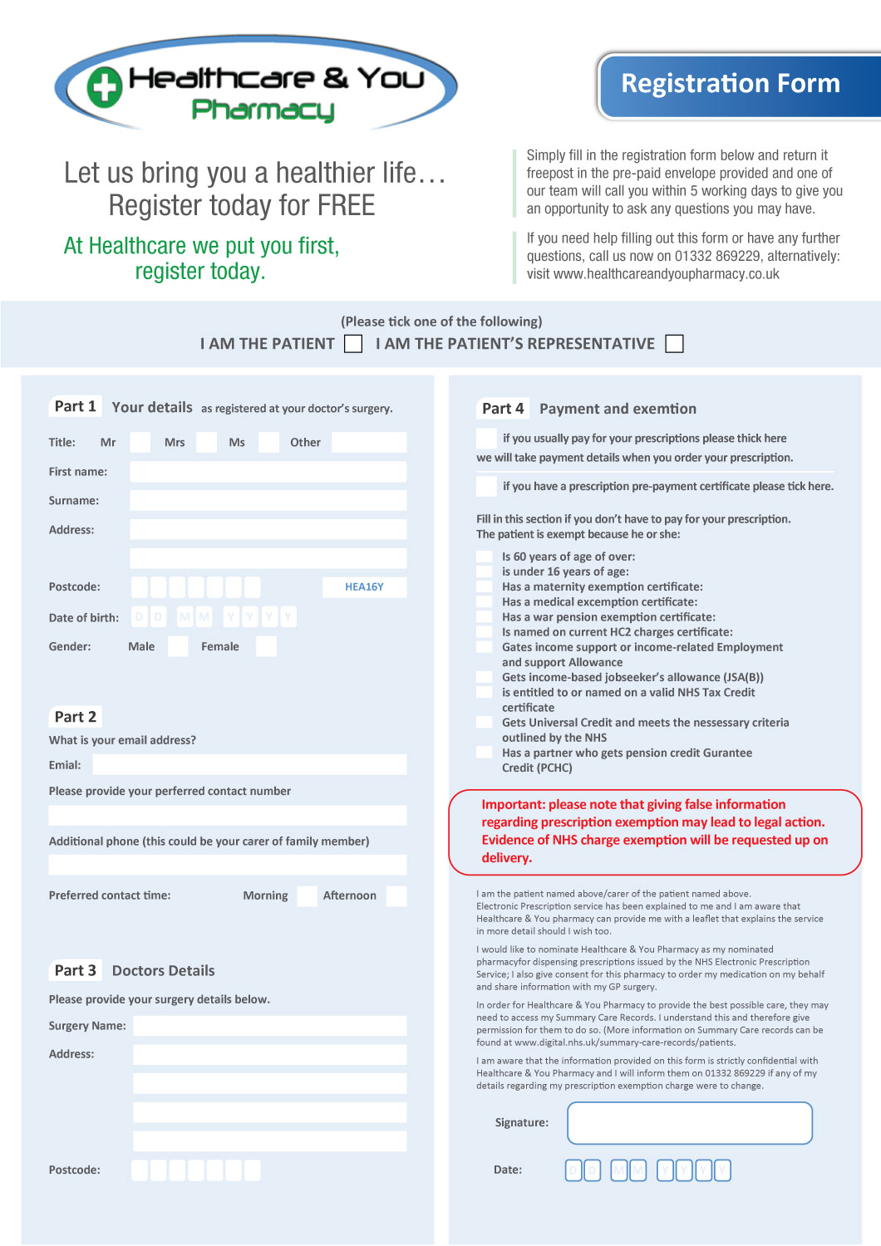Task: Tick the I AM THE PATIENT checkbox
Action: pos(353,344)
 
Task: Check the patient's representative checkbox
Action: pos(675,344)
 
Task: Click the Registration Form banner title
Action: pos(731,84)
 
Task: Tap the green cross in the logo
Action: pos(105,87)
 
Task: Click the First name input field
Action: pos(268,472)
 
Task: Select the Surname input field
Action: pos(268,501)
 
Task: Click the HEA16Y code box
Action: pos(364,587)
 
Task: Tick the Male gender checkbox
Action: pos(178,646)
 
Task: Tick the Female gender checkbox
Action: pos(266,646)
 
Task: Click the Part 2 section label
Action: pos(75,717)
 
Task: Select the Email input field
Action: pos(249,765)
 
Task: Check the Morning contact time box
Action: pos(308,895)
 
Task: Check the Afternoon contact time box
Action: pos(396,895)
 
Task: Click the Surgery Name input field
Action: pos(269,1026)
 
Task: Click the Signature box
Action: pos(689,1123)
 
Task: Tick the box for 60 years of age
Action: pos(485,557)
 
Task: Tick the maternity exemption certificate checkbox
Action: pos(485,586)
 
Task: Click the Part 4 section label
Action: pos(503,409)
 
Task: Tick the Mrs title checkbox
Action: pos(206,442)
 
